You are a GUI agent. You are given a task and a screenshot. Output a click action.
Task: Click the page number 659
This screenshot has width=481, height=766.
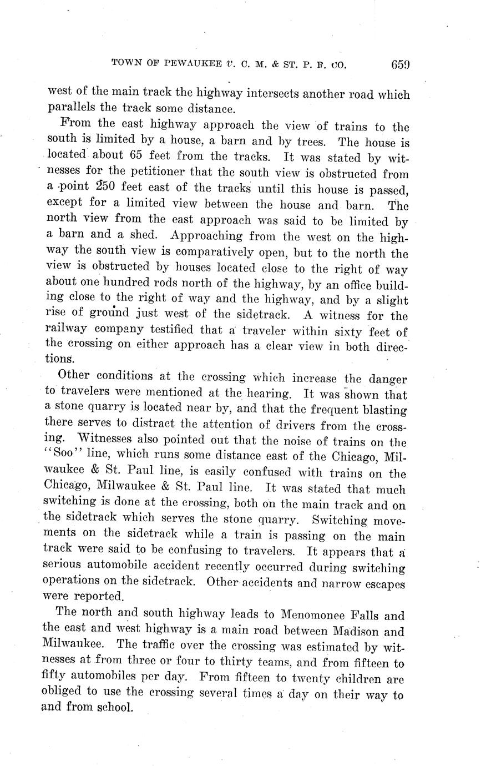(x=399, y=64)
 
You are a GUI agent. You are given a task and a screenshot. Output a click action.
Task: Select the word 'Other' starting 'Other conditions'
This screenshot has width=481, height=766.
(x=74, y=376)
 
